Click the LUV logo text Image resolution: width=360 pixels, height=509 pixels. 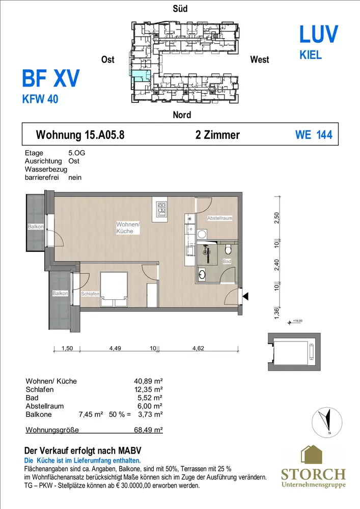click(x=318, y=35)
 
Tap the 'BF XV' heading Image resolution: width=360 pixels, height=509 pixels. click(x=50, y=78)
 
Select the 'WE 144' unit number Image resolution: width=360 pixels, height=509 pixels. click(x=314, y=135)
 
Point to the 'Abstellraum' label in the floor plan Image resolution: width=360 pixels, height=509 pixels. click(x=220, y=218)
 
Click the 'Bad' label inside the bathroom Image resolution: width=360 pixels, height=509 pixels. click(x=227, y=261)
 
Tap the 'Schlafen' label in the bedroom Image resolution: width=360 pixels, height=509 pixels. click(x=90, y=294)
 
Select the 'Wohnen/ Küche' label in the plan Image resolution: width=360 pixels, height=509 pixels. click(x=128, y=228)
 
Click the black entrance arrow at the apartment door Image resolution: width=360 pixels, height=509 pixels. click(x=245, y=296)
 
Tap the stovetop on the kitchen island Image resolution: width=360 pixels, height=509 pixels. click(x=161, y=209)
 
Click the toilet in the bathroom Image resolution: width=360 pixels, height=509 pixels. click(x=228, y=249)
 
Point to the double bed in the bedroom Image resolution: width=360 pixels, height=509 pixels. click(x=114, y=289)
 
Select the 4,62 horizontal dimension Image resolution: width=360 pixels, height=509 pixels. click(x=198, y=348)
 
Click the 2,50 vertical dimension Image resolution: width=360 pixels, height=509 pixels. click(x=276, y=217)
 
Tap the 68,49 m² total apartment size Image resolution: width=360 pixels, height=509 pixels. click(x=148, y=430)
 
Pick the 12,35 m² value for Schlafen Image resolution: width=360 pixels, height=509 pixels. click(x=148, y=389)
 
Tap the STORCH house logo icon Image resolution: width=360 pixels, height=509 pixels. click(x=311, y=455)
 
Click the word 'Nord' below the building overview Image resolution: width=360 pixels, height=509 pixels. click(x=182, y=115)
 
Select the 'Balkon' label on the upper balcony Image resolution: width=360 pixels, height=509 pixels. click(x=36, y=227)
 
